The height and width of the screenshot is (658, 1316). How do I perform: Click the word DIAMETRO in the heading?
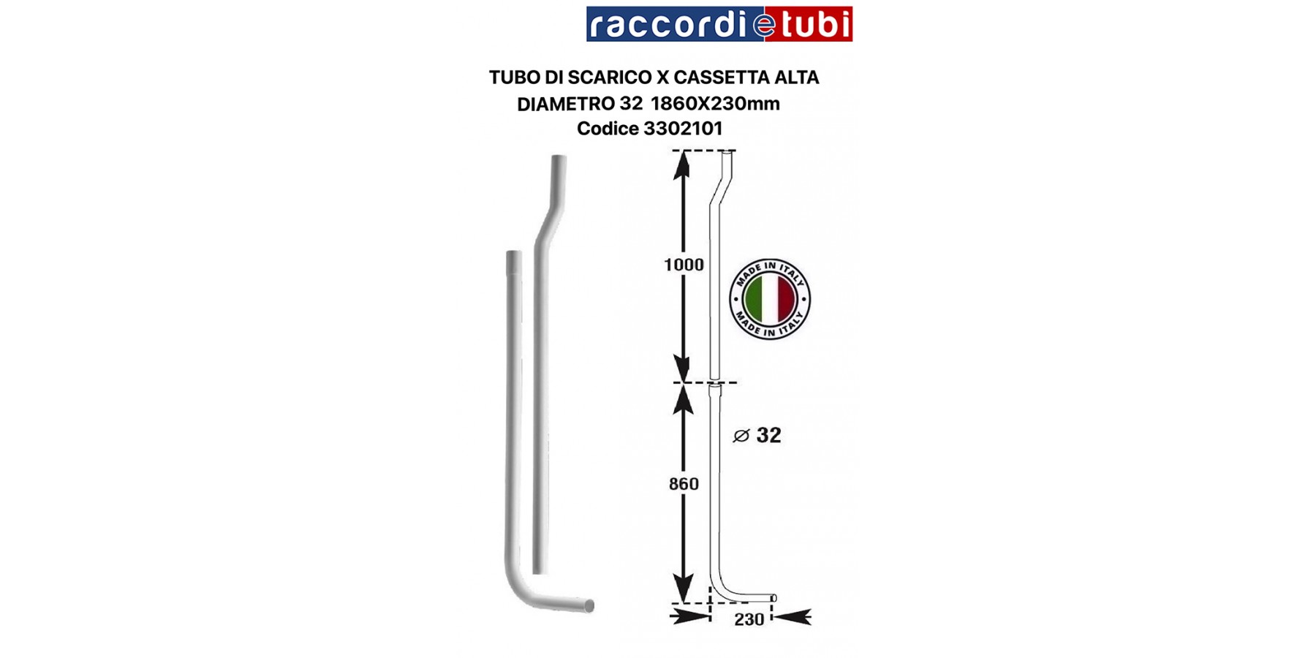(x=566, y=104)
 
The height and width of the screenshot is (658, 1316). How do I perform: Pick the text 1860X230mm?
(x=715, y=104)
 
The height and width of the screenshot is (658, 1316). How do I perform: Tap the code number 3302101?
(x=683, y=129)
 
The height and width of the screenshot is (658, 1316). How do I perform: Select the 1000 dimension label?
(x=684, y=265)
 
